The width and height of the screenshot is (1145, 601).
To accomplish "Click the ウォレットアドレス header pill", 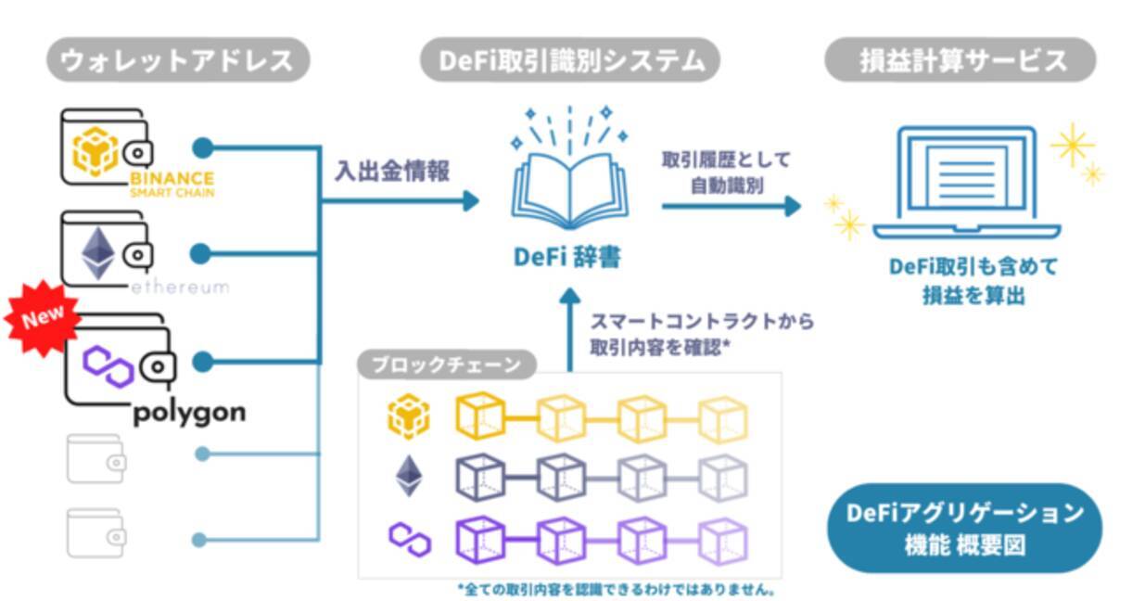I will tap(177, 60).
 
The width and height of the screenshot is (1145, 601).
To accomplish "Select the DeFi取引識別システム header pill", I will tap(569, 60).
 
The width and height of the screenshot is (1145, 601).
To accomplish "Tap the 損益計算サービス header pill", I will tap(960, 60).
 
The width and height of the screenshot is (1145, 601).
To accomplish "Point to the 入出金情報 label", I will tap(392, 172).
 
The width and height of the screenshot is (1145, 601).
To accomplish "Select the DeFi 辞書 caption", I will tap(567, 256).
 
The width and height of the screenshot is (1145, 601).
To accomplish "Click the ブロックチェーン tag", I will tap(447, 364).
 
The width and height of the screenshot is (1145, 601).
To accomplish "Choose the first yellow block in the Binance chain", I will tap(480, 417).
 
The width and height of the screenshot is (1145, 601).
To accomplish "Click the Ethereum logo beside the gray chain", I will tap(408, 476).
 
